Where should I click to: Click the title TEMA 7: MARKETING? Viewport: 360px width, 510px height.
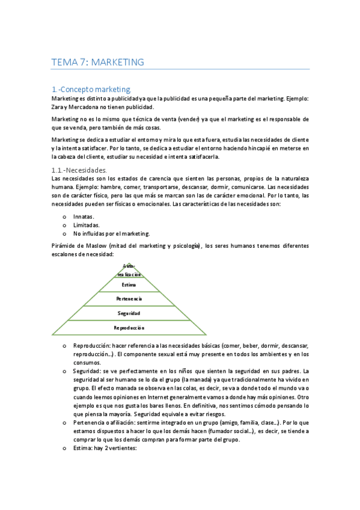coord(98,62)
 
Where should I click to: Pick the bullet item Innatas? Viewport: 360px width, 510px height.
coord(84,216)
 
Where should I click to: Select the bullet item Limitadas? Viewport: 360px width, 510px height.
coord(86,225)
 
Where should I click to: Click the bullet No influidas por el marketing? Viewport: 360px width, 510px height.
coord(111,233)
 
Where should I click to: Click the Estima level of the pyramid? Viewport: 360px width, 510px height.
coord(129,285)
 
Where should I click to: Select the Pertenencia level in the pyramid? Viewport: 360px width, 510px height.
coord(129,299)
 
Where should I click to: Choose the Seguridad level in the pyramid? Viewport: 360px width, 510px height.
coord(129,313)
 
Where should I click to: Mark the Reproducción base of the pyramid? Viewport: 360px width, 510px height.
coord(129,328)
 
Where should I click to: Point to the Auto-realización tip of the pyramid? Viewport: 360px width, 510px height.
coord(129,269)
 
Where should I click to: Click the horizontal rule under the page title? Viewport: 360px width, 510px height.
coord(180,70)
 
